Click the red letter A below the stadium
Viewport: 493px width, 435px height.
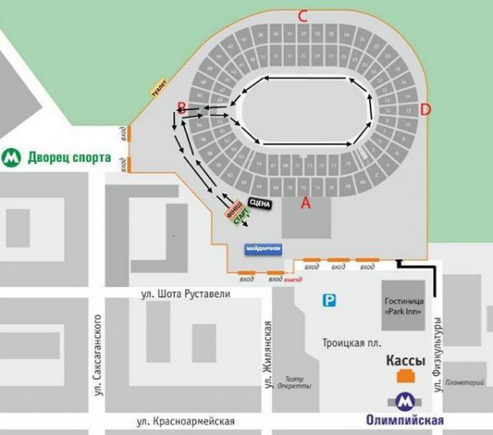point(306,202)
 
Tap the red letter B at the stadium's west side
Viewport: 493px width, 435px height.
point(181,106)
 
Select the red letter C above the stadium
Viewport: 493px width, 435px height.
point(302,15)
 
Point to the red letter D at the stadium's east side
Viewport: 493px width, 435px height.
point(425,109)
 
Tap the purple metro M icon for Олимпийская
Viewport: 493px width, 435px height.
point(404,401)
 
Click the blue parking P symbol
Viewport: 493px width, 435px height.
point(329,302)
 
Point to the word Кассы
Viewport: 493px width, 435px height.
point(406,360)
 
